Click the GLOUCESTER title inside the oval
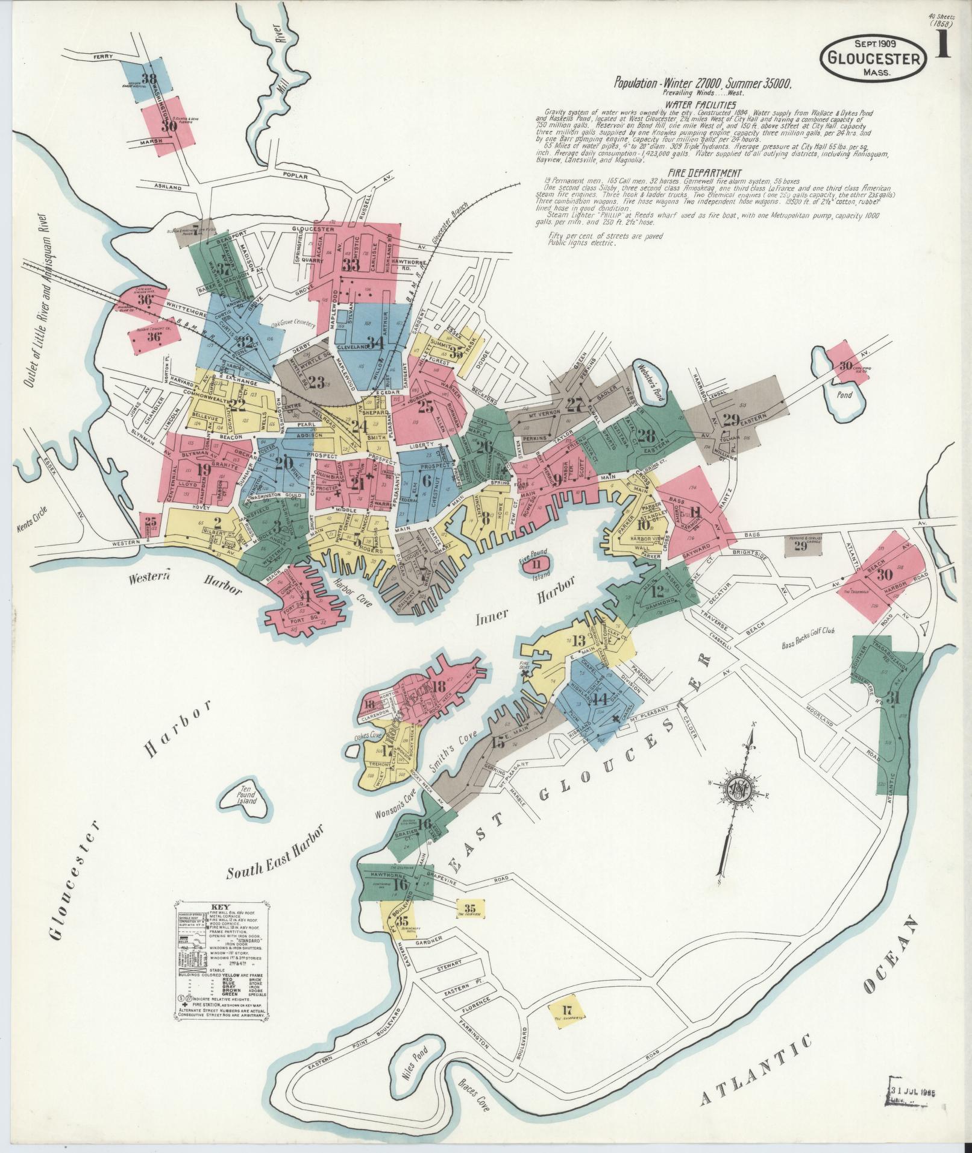pyautogui.click(x=873, y=59)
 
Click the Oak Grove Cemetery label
pyautogui.click(x=293, y=324)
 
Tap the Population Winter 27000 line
pyautogui.click(x=702, y=84)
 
